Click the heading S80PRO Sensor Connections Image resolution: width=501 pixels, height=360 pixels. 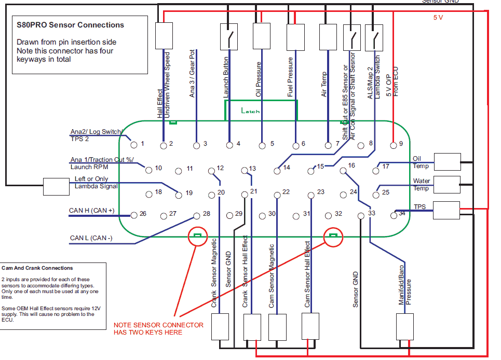tap(71, 25)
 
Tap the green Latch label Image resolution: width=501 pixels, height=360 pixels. tap(251, 110)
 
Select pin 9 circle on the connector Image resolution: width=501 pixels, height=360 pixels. tap(393, 145)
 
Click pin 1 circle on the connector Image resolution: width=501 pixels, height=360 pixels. tap(133, 145)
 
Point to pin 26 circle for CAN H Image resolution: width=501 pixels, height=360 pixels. tap(133, 215)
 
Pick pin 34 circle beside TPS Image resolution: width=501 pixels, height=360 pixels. tap(394, 215)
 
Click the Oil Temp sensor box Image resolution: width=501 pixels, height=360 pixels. tap(446, 162)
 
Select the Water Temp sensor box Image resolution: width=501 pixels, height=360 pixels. tap(446, 185)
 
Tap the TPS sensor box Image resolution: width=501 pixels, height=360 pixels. tap(446, 210)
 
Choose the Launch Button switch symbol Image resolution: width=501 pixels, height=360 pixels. tap(229, 36)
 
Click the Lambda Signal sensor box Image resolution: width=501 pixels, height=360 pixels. tap(53, 186)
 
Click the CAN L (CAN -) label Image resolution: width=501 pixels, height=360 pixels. tap(91, 239)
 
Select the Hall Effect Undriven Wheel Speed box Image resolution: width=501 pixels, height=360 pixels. tap(164, 36)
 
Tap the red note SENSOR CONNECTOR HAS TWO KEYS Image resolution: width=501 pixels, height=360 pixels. tap(159, 328)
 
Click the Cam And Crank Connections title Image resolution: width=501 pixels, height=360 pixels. tap(37, 268)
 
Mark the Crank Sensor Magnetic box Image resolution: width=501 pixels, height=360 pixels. tap(220, 327)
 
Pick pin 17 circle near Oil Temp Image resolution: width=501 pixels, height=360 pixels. tap(376, 170)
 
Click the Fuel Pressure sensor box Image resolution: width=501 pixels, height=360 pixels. tap(295, 36)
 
